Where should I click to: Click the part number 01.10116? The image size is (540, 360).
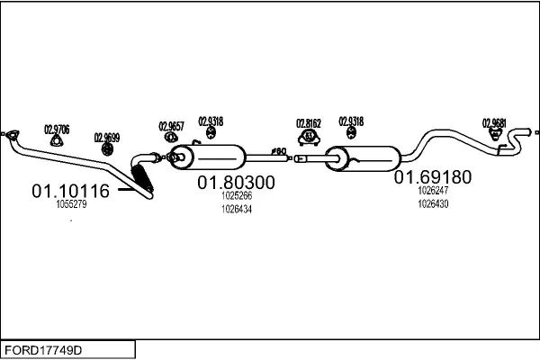(70, 191)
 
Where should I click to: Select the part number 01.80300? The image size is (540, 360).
(237, 183)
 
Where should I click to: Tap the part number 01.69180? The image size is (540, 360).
(432, 177)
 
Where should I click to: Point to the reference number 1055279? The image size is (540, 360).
(71, 204)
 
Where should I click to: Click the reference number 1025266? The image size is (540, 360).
(237, 196)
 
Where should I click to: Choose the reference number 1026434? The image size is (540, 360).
(237, 209)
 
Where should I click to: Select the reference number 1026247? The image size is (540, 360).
(433, 191)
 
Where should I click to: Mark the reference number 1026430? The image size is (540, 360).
(433, 203)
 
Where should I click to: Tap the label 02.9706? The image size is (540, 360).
(58, 128)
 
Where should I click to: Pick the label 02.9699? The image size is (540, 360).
(106, 138)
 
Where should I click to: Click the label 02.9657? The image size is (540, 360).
(171, 125)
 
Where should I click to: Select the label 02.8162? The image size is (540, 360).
(309, 123)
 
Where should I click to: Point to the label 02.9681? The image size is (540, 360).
(494, 122)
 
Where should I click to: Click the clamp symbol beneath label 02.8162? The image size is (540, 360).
(310, 137)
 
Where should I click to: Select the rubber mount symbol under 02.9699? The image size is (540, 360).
(105, 149)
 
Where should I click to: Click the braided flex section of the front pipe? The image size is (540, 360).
(144, 175)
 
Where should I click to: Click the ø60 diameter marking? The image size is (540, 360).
(278, 151)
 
